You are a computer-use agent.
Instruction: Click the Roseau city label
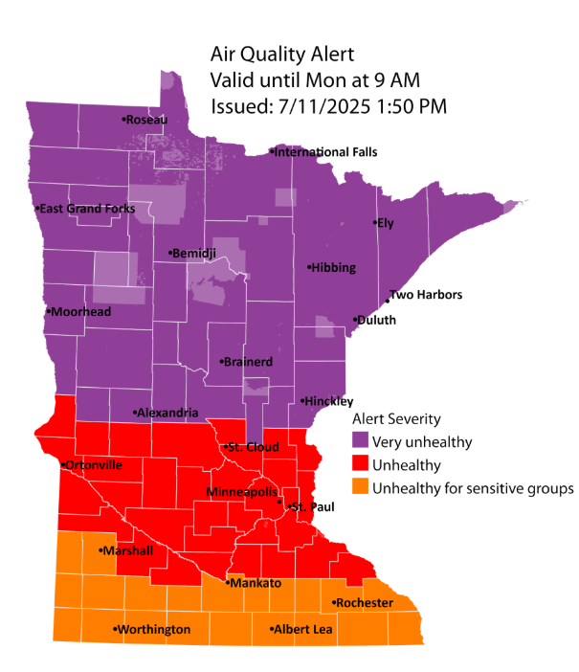145,120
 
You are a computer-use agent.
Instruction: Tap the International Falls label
325,151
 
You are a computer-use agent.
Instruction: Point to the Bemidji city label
194,254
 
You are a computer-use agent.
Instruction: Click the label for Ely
386,223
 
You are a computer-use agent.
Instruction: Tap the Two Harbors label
425,295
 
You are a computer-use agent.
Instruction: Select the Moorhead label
80,312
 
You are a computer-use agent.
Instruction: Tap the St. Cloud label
252,447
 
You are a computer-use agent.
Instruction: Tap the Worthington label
152,630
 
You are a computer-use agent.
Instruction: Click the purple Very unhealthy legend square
360,440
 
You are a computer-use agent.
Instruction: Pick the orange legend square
360,488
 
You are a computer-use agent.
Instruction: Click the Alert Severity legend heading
397,419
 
